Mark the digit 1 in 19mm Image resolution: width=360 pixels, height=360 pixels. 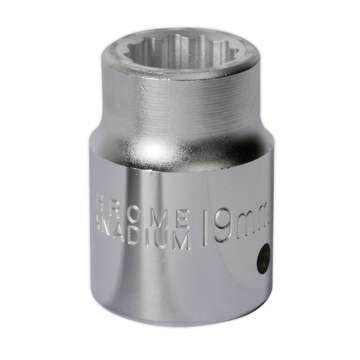205,228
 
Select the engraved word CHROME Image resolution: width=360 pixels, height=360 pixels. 141,214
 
